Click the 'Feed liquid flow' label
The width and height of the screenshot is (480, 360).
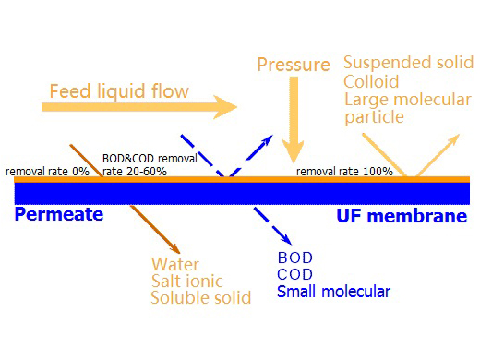pyautogui.click(x=119, y=91)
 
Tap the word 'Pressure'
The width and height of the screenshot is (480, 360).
pyautogui.click(x=294, y=66)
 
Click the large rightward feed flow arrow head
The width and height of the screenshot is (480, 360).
pyautogui.click(x=227, y=108)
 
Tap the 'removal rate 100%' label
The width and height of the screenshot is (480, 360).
pyautogui.click(x=344, y=171)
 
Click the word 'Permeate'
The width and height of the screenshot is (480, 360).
pyautogui.click(x=58, y=215)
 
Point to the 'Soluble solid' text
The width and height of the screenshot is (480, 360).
pyautogui.click(x=200, y=298)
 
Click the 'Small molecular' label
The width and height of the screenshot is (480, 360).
pyautogui.click(x=333, y=292)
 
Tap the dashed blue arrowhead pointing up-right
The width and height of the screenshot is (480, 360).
pyautogui.click(x=268, y=139)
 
